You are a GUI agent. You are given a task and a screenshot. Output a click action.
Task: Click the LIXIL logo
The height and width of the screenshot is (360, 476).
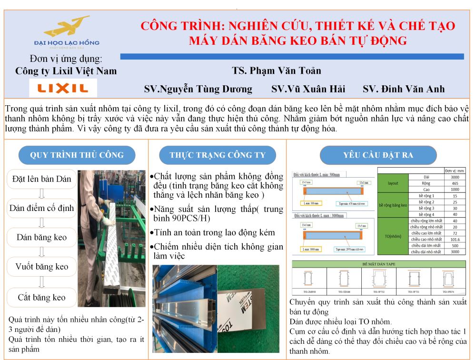click(x=63, y=88)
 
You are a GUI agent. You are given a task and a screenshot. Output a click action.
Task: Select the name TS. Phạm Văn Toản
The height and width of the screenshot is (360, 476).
click(x=277, y=71)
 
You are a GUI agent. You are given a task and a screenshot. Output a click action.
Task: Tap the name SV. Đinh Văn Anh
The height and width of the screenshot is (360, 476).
click(x=404, y=89)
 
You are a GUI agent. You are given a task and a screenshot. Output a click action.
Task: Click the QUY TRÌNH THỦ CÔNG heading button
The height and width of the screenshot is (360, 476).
click(x=77, y=155)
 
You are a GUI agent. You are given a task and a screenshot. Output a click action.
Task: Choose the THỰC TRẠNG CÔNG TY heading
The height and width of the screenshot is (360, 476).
click(x=218, y=155)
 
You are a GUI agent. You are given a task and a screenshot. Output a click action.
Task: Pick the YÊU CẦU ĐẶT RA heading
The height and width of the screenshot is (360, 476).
click(x=378, y=155)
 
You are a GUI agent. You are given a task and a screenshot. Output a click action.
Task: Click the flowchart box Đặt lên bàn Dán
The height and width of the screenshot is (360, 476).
click(x=42, y=179)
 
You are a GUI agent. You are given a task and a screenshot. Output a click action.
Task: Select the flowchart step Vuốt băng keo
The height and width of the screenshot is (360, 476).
click(x=42, y=267)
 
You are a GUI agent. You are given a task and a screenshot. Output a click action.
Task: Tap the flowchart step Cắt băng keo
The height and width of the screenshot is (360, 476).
click(x=42, y=298)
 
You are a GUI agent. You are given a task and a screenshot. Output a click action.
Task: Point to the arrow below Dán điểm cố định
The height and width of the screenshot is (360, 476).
click(x=42, y=223)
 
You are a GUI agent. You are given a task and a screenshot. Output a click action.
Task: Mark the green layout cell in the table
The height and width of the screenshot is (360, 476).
click(x=393, y=183)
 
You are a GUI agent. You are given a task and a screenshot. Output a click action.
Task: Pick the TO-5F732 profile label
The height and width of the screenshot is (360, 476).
click(x=379, y=291)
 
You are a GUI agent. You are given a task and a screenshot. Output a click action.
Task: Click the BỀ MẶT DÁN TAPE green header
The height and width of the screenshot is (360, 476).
click(x=378, y=263)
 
